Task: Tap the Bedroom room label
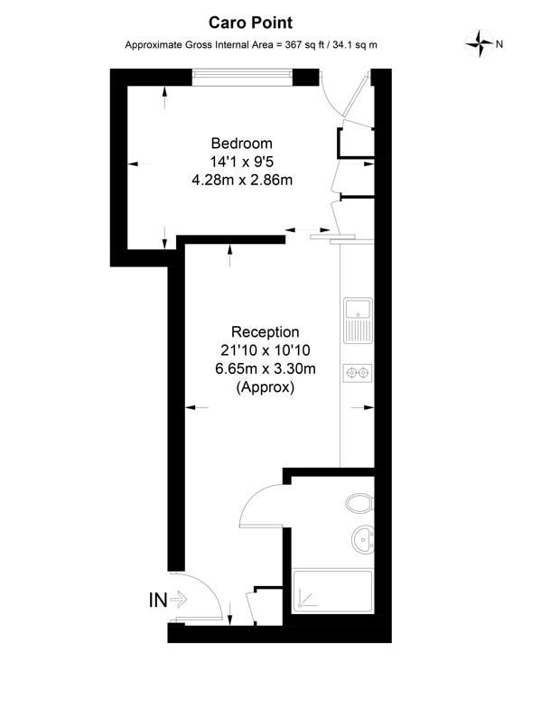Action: click(241, 143)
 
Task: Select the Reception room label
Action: click(265, 332)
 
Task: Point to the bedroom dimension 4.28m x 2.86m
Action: click(241, 181)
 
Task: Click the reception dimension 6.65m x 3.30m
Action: click(265, 368)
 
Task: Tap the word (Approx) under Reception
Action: click(265, 387)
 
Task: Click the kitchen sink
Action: click(358, 318)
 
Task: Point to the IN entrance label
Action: click(157, 598)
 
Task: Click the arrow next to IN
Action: click(178, 598)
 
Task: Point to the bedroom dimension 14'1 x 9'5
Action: click(241, 162)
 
